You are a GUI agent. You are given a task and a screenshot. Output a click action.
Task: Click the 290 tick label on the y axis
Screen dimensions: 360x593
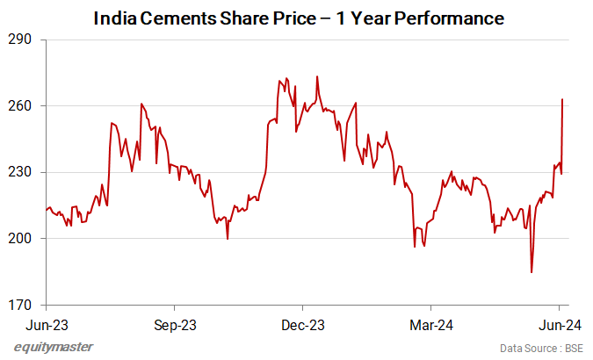18,40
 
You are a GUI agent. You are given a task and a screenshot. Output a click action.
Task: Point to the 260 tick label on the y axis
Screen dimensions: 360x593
18,105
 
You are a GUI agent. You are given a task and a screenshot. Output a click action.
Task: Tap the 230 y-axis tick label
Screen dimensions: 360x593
18,172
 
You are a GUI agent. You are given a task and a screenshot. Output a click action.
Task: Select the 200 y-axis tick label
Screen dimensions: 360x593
18,238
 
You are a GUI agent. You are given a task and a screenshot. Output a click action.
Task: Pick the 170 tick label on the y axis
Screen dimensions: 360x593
18,305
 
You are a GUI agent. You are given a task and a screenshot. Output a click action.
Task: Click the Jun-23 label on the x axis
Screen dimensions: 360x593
45,324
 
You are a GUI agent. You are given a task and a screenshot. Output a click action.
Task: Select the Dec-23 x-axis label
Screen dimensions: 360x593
302,324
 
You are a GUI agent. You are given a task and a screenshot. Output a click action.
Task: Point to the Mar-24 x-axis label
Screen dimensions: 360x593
430,324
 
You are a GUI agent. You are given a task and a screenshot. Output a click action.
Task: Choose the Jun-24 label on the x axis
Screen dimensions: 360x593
560,324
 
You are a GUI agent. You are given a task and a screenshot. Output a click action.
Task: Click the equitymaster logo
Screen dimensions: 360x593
54,347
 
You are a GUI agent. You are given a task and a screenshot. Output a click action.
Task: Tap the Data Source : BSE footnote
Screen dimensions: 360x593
539,349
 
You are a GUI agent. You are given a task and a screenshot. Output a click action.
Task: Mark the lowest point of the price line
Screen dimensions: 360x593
532,272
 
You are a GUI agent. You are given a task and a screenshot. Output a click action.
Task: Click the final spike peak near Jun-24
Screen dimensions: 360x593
561,99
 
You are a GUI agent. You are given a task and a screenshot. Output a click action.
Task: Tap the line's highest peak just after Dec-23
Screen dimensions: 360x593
316,76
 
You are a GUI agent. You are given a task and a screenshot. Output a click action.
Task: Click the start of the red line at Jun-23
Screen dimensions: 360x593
46,209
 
